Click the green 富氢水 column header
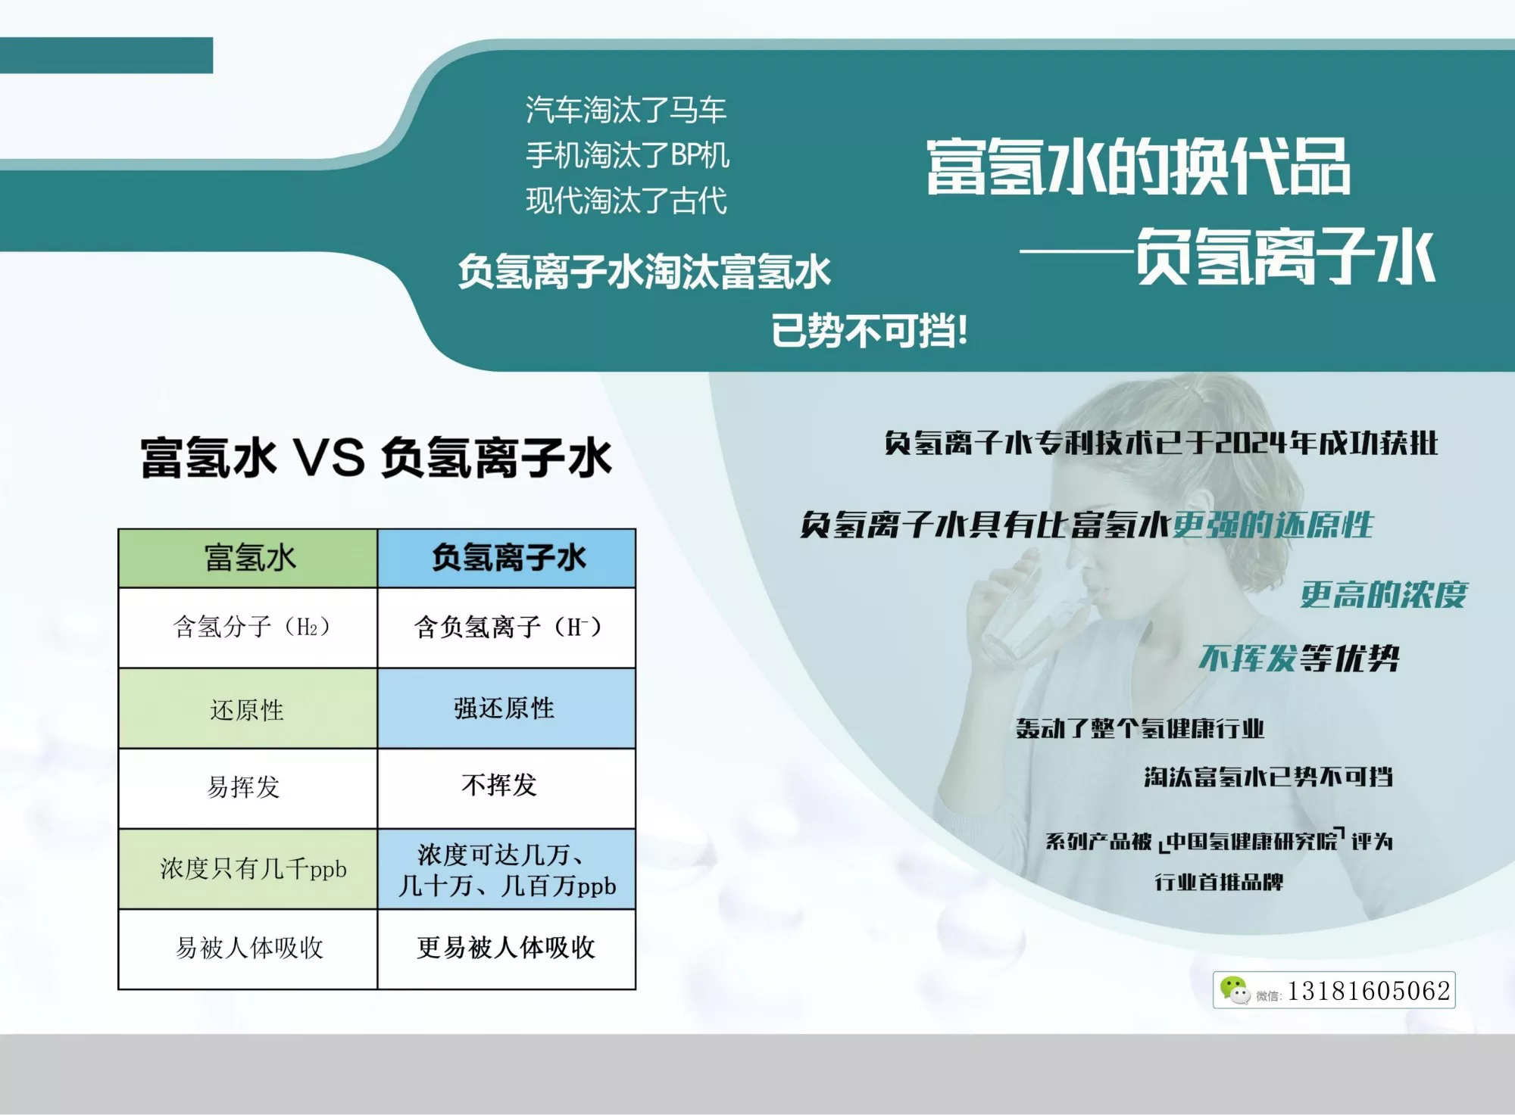[x=248, y=558]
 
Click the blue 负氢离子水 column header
[x=507, y=558]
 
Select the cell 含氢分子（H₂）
[x=248, y=628]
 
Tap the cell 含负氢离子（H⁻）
[x=507, y=628]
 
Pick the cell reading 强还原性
[x=507, y=709]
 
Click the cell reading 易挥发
[x=248, y=788]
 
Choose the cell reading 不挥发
[x=507, y=788]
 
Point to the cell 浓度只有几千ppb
[x=248, y=869]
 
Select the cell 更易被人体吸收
[x=507, y=948]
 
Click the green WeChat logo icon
[x=1235, y=990]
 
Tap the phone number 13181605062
[x=1369, y=991]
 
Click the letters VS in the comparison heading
[x=329, y=458]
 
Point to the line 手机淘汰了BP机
[x=627, y=155]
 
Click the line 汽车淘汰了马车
[x=626, y=110]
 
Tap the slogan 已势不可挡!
[x=869, y=331]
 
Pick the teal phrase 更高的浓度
[x=1384, y=595]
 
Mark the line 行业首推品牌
[x=1219, y=882]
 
